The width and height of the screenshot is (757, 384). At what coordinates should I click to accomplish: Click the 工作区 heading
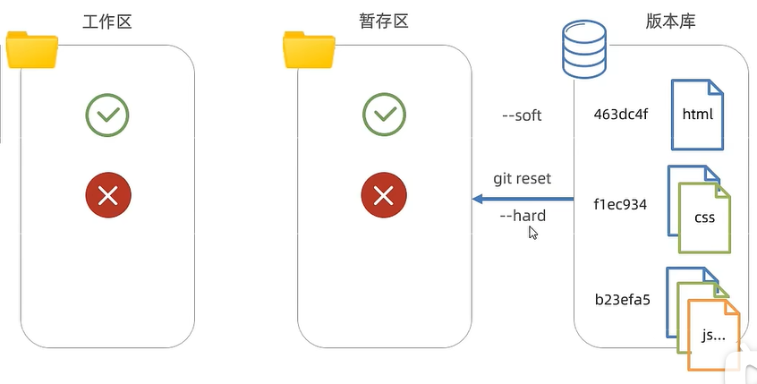pos(106,21)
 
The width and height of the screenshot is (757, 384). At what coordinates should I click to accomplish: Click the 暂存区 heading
pos(383,21)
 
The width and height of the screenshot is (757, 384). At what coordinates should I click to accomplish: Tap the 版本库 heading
pos(670,21)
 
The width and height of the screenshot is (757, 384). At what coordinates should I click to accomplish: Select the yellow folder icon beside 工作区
pos(30,51)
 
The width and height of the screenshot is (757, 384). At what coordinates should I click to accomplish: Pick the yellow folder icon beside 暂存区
pos(308,51)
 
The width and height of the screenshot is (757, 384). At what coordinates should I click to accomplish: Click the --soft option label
pos(523,115)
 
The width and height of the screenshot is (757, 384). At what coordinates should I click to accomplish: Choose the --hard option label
pos(523,216)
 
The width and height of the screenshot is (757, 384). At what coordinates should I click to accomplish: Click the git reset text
pos(522,178)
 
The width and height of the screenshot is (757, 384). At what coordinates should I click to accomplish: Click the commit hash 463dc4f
pos(621,115)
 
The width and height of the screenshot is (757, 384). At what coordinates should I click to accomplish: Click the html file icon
pos(697,114)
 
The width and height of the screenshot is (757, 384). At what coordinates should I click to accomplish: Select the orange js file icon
pos(714,336)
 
